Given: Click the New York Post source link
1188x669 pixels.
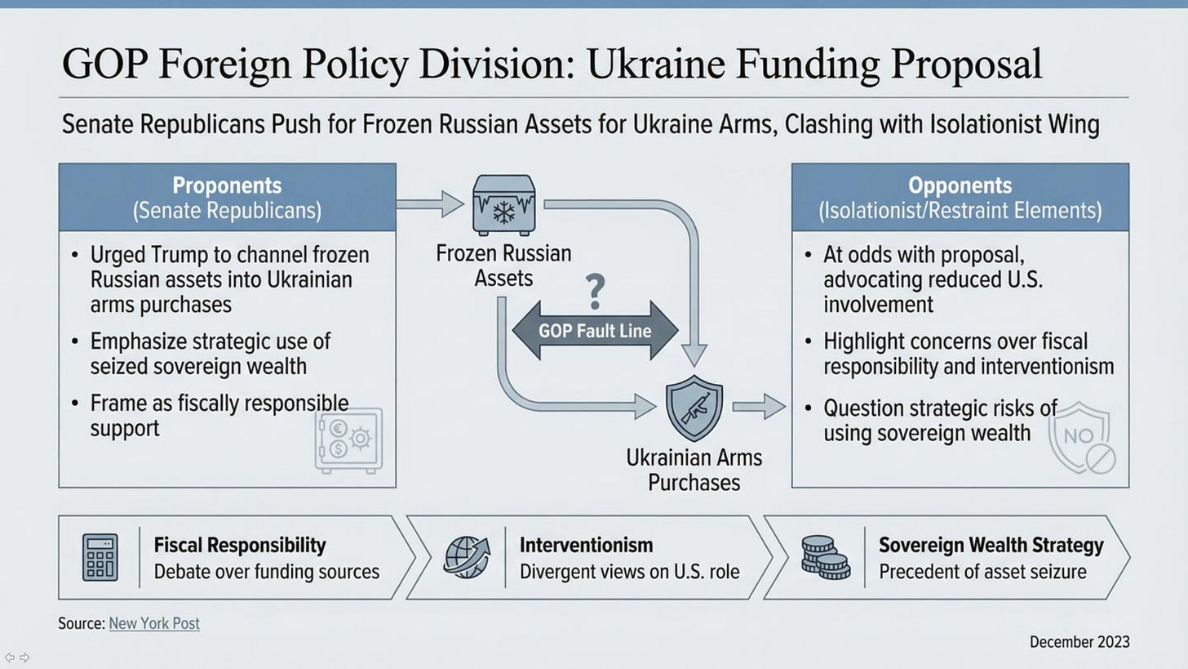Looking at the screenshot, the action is click(154, 623).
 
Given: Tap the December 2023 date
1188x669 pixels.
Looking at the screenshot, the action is click(1079, 642).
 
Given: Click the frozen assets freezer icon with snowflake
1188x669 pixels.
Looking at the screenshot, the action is click(503, 205).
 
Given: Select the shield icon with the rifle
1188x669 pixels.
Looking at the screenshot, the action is click(694, 408).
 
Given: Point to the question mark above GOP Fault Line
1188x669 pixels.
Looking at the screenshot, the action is click(596, 292).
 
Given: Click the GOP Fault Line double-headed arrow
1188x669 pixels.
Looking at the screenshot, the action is click(595, 331).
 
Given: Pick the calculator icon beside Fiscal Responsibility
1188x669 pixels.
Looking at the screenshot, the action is click(100, 557).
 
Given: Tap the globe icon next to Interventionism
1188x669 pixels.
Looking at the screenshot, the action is click(467, 557).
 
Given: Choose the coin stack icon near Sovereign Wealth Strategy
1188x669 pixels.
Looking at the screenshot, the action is click(825, 557).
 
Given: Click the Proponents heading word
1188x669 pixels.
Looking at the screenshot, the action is click(227, 185).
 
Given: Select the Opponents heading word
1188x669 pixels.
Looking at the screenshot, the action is click(960, 185).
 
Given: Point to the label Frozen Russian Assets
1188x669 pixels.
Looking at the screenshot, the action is click(503, 265).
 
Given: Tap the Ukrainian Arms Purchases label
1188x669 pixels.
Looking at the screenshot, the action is click(694, 470).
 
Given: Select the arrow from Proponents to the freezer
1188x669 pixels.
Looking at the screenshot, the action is click(430, 203).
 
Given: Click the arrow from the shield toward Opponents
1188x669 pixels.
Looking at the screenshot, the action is click(759, 406).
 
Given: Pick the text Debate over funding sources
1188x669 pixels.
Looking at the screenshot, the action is click(266, 571).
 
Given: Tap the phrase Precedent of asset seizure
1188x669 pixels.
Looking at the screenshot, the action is click(982, 571).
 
